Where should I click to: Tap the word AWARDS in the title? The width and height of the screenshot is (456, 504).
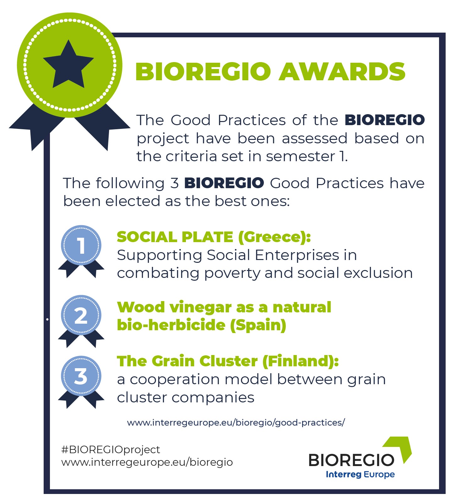click(342, 72)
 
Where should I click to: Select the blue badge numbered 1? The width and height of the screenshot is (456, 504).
click(81, 251)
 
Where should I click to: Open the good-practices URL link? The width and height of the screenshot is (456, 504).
click(236, 422)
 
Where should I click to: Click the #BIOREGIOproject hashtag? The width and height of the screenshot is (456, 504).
click(111, 450)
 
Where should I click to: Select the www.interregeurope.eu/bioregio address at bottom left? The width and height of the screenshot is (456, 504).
click(147, 462)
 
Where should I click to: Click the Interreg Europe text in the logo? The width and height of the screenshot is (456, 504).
click(360, 475)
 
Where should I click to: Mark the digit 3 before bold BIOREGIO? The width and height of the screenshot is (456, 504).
click(175, 183)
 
